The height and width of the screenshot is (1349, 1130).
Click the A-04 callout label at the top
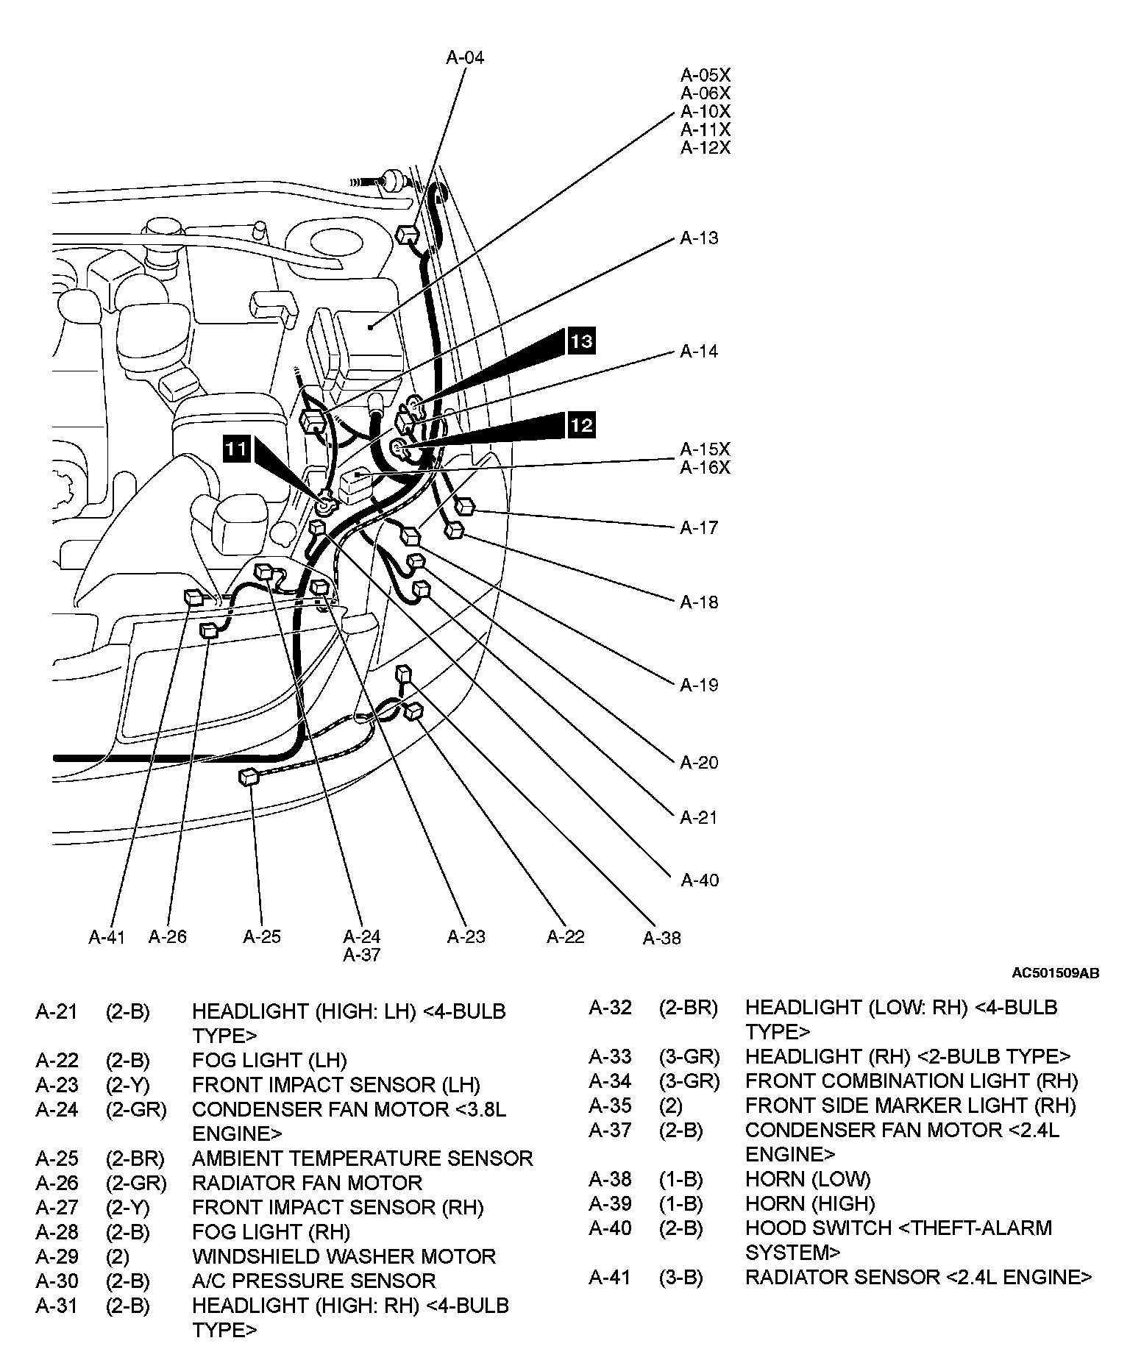tap(465, 57)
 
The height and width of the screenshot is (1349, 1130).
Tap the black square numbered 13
tap(580, 341)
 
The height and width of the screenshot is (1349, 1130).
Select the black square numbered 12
tap(580, 425)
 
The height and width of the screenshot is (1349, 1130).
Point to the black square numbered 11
tap(237, 448)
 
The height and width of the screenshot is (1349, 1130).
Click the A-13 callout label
tap(699, 238)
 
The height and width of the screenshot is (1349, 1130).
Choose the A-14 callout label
tap(699, 351)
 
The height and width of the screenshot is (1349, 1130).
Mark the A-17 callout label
tap(699, 527)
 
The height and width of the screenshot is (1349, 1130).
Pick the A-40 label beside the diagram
tap(699, 880)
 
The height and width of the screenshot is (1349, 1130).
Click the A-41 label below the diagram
tap(107, 936)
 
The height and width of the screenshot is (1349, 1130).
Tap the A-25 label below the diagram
tap(262, 936)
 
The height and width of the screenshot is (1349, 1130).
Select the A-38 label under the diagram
tap(662, 938)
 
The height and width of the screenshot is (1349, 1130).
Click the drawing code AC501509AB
tap(1056, 973)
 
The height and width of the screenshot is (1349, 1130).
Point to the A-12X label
tap(706, 148)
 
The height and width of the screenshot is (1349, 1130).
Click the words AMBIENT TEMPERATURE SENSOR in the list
tap(362, 1158)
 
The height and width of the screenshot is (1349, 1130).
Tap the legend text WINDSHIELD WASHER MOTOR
tap(344, 1256)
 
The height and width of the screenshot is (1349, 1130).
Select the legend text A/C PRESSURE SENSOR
tap(313, 1281)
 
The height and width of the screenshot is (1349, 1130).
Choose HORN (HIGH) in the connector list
tap(810, 1203)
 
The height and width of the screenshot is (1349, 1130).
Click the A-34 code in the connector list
tap(610, 1081)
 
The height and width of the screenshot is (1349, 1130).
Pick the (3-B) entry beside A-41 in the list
tap(681, 1277)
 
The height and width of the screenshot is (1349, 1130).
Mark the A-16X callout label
tap(706, 467)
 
